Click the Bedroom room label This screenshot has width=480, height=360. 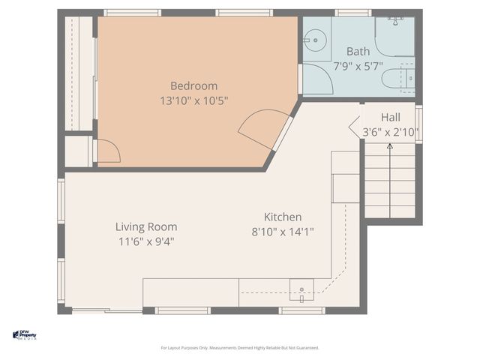[193, 85]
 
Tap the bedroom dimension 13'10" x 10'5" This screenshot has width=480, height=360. [193, 100]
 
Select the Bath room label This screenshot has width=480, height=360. [358, 52]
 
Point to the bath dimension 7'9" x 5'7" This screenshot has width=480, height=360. [358, 66]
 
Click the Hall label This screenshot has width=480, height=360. [390, 117]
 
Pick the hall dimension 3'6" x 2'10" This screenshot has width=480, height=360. [390, 132]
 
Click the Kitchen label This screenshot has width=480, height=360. [282, 217]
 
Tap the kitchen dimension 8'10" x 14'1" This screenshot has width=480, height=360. [282, 232]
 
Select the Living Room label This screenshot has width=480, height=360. [146, 226]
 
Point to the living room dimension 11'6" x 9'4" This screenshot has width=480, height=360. [146, 241]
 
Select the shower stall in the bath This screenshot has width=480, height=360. [394, 35]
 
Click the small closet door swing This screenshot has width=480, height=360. [107, 152]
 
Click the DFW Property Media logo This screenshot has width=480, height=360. [25, 335]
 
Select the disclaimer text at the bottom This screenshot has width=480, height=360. [240, 348]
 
